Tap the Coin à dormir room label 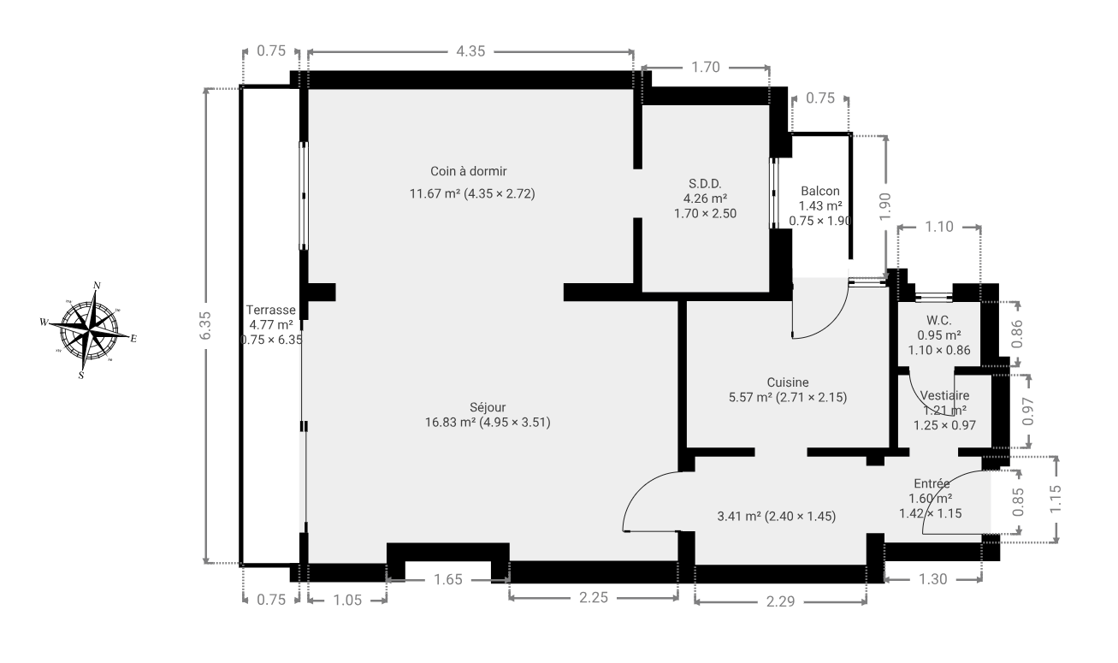[x=468, y=171]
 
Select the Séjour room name [x=488, y=407]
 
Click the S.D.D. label [x=705, y=184]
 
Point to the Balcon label [x=820, y=192]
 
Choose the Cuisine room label [x=788, y=382]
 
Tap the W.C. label [x=938, y=321]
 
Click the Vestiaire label [x=944, y=395]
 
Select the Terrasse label [x=270, y=310]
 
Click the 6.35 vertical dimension [x=205, y=325]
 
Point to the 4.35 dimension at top [x=470, y=51]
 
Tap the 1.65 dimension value [x=447, y=580]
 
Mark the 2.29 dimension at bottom [x=780, y=601]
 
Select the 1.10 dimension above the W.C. [x=939, y=227]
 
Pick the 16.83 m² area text [x=450, y=423]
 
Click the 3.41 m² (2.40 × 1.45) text [x=776, y=516]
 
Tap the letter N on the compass [x=97, y=286]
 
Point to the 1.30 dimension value [x=932, y=579]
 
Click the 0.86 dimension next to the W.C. [x=1017, y=334]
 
